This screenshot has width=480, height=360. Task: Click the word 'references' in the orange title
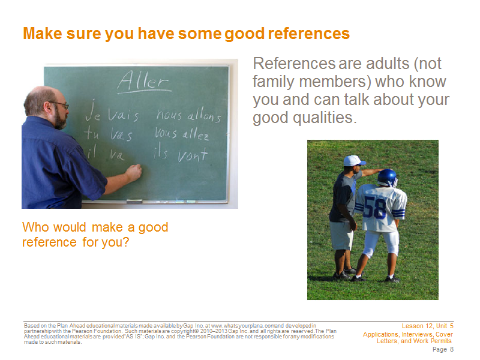click(x=309, y=34)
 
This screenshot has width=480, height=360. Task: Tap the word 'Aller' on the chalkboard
click(x=143, y=81)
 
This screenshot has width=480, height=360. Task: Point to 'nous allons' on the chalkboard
click(x=188, y=115)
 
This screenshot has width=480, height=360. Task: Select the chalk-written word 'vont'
click(x=193, y=155)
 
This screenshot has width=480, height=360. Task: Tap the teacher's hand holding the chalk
click(x=134, y=173)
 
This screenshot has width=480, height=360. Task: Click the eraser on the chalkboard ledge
click(x=134, y=201)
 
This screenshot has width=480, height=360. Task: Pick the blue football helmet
click(x=388, y=178)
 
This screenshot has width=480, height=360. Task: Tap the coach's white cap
click(x=353, y=161)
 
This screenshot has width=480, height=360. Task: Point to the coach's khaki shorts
click(x=341, y=235)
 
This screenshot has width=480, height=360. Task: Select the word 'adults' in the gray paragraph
click(x=388, y=64)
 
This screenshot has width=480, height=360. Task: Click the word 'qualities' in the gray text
click(x=325, y=118)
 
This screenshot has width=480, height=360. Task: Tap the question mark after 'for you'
click(x=125, y=242)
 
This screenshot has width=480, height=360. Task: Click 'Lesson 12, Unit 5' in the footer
click(x=428, y=326)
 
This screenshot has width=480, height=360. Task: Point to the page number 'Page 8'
click(x=443, y=349)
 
